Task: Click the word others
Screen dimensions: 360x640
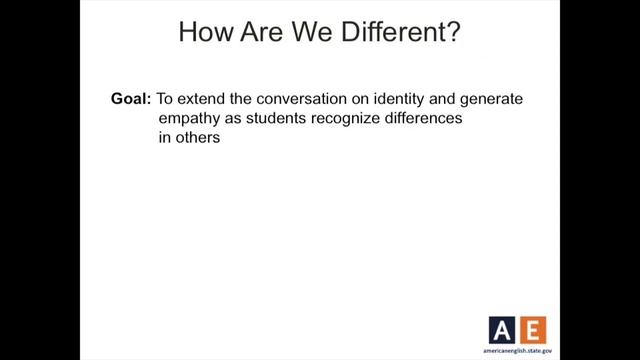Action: [x=197, y=141]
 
